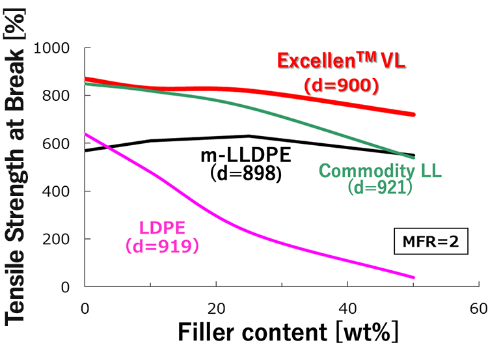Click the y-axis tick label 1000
click(51, 48)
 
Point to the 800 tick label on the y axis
click(56, 96)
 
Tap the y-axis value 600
click(56, 144)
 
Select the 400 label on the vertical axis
click(56, 191)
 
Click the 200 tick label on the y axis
click(56, 239)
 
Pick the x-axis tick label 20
click(216, 309)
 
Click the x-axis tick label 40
click(347, 309)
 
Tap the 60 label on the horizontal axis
click(479, 309)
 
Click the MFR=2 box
click(431, 242)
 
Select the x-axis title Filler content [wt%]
click(288, 332)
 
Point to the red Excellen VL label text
click(342, 60)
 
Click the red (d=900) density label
click(342, 85)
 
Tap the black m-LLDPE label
click(246, 156)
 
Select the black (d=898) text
click(246, 173)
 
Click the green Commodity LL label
click(381, 171)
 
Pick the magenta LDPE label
click(162, 228)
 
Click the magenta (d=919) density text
click(162, 246)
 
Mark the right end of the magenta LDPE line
click(414, 277)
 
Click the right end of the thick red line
click(414, 115)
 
